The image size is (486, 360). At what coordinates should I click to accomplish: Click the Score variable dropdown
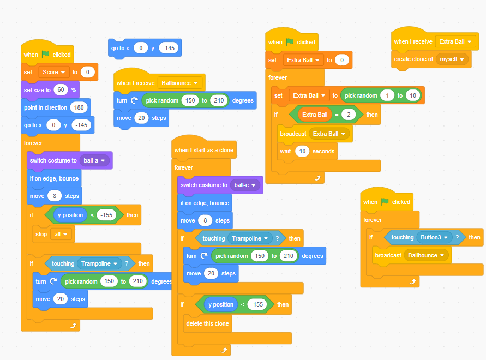click(55, 72)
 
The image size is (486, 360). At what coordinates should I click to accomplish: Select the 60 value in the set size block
click(60, 90)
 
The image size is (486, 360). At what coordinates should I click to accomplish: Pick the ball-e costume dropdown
click(245, 185)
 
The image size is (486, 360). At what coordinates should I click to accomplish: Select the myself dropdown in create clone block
click(452, 59)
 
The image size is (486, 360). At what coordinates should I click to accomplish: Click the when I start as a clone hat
click(203, 150)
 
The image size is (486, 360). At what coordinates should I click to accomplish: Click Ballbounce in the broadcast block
click(426, 255)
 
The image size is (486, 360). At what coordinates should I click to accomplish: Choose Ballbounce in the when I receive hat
click(180, 83)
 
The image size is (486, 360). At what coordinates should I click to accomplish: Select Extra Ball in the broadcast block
click(329, 134)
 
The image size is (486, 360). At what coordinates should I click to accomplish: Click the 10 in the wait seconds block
click(302, 151)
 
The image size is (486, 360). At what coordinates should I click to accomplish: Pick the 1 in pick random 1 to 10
click(387, 96)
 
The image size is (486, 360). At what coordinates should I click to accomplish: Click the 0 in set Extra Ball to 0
click(341, 60)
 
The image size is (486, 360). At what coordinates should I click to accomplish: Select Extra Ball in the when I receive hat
click(455, 41)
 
